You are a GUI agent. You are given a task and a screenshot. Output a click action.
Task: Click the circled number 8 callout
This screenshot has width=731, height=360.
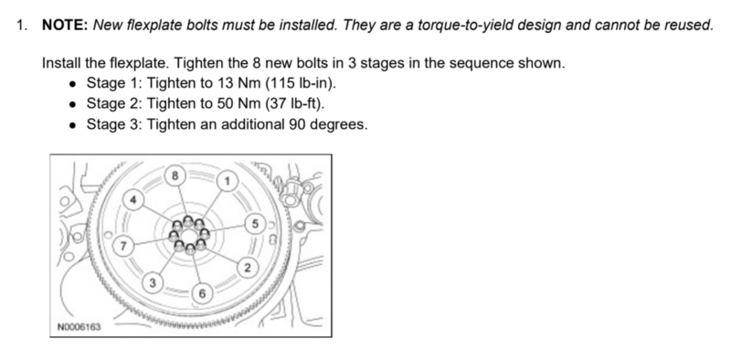pos(175,175)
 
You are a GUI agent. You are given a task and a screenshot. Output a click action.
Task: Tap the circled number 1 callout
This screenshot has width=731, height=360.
pos(227,181)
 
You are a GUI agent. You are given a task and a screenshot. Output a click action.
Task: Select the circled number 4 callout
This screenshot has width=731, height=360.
pos(133,200)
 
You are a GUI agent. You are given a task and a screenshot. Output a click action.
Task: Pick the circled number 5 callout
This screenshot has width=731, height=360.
pos(255,224)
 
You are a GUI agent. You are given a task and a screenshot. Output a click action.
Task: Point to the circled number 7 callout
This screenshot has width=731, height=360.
pos(123,246)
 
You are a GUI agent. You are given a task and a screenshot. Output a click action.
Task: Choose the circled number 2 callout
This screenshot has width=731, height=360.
pos(248,268)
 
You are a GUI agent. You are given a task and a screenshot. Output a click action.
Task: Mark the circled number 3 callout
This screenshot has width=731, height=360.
pos(153,282)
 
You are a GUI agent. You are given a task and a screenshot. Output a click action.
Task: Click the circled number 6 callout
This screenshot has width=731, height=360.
pos(202,293)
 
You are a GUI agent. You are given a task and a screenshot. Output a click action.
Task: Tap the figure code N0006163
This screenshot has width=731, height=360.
pos(79,327)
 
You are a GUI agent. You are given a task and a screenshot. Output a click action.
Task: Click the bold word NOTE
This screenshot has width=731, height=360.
pos(65,25)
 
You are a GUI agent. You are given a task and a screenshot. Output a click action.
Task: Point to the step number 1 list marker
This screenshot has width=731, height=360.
pos(21,25)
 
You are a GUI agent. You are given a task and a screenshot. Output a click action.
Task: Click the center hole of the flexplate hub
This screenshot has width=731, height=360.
pos(189,236)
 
